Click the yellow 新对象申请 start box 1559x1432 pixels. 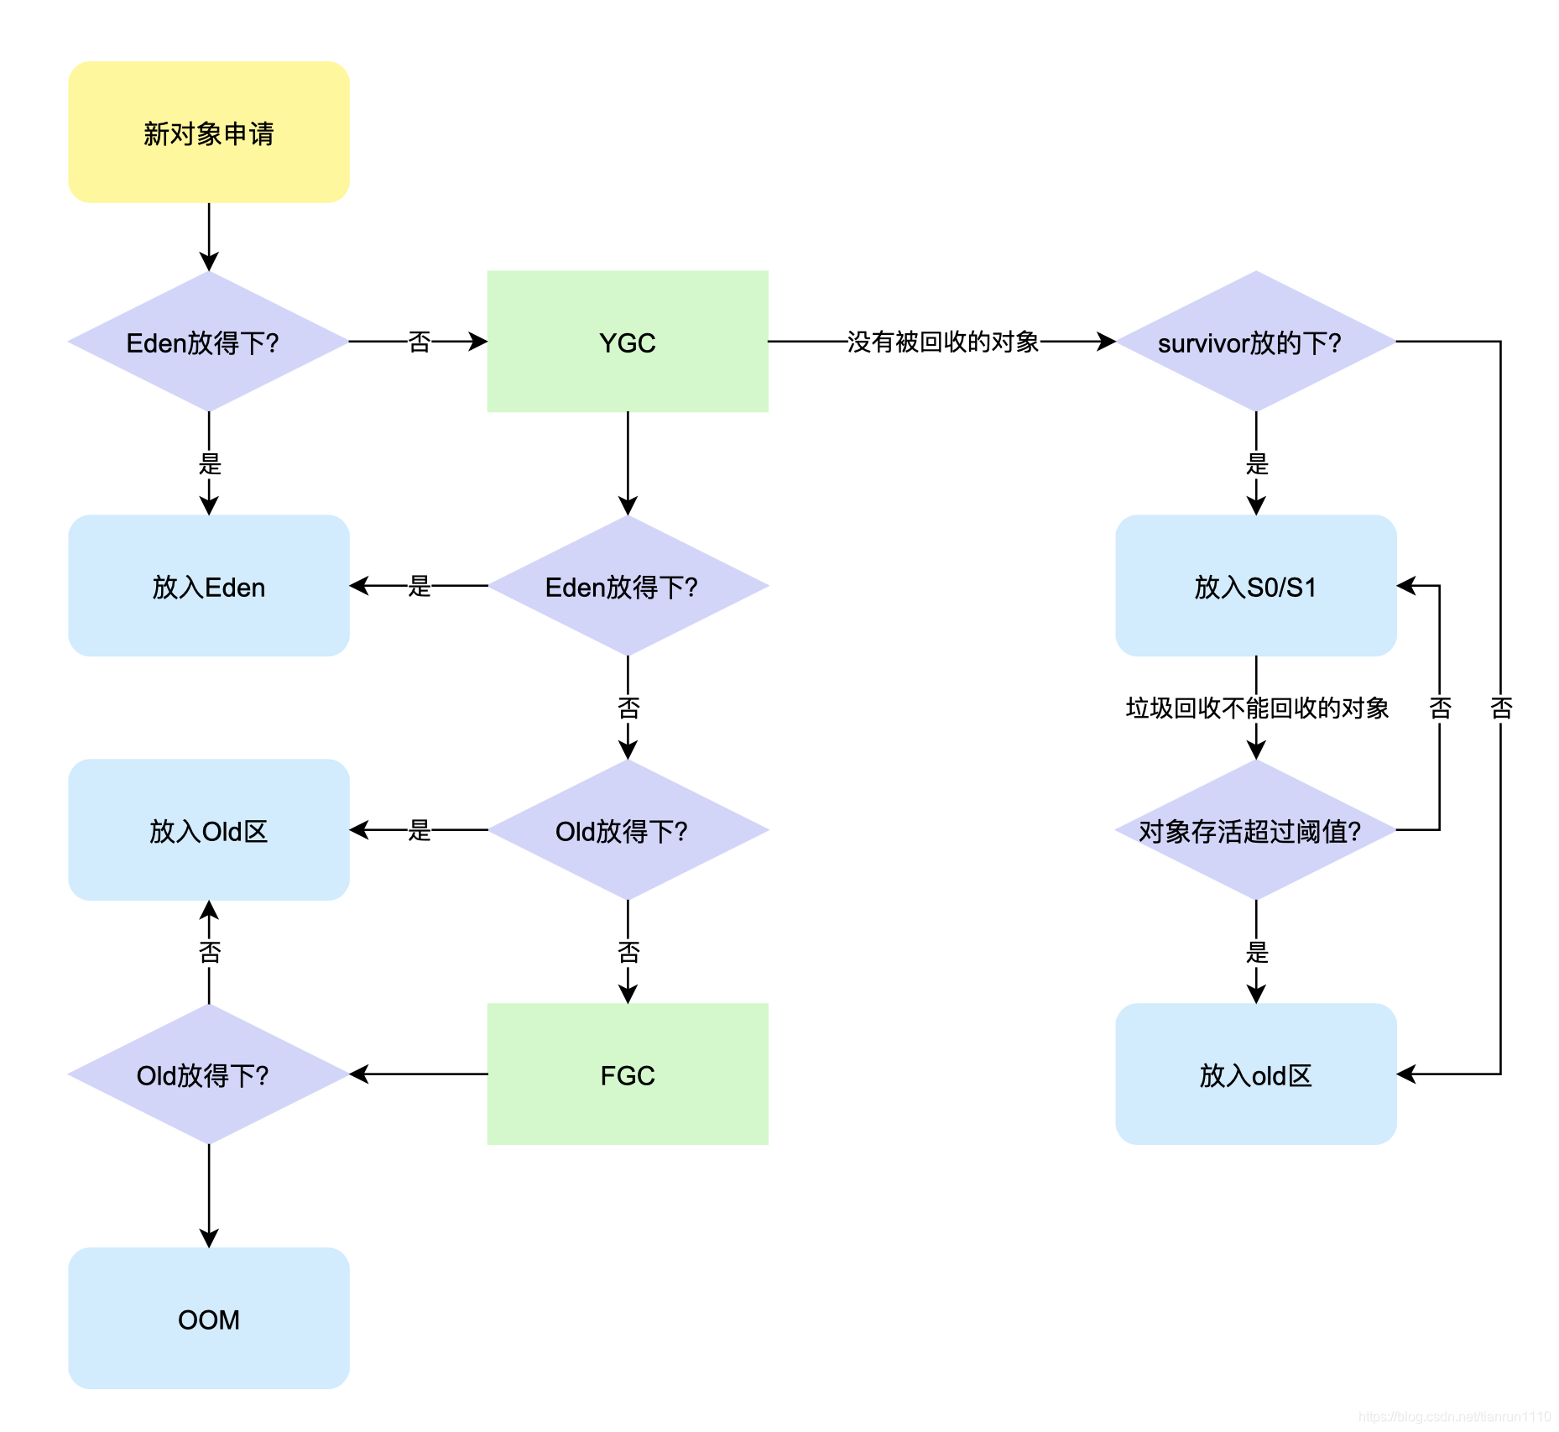point(208,132)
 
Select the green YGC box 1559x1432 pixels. point(627,342)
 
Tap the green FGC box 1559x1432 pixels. point(627,1074)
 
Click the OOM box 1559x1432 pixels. point(208,1319)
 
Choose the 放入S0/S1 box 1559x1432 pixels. point(1255,586)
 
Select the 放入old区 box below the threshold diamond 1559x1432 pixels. point(1255,1074)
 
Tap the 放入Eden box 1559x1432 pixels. point(208,586)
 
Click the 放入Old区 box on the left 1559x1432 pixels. point(208,830)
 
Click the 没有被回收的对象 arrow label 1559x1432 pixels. point(942,342)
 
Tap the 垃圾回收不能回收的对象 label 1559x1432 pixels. point(1256,708)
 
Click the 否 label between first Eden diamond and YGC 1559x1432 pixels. point(419,342)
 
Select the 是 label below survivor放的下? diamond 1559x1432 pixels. point(1256,463)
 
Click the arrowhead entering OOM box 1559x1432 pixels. point(209,1239)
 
